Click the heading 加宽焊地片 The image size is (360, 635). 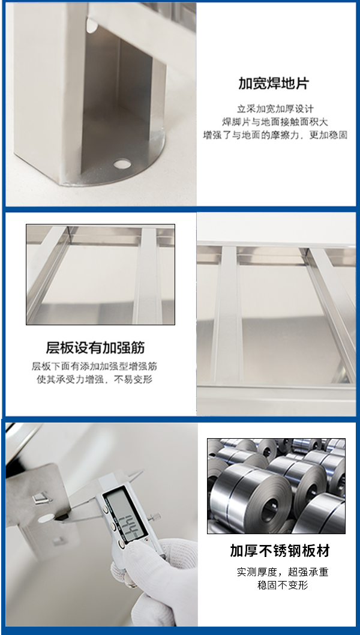click(274, 83)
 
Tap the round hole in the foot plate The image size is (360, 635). click(122, 164)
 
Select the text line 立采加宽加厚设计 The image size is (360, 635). click(275, 109)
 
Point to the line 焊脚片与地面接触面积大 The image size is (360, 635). click(275, 122)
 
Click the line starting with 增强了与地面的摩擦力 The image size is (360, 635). click(275, 135)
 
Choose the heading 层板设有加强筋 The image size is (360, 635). click(95, 348)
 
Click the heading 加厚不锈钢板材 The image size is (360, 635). click(280, 551)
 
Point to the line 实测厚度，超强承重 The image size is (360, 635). click(282, 572)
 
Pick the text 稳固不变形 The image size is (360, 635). click(282, 585)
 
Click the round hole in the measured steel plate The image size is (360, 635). click(46, 518)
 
